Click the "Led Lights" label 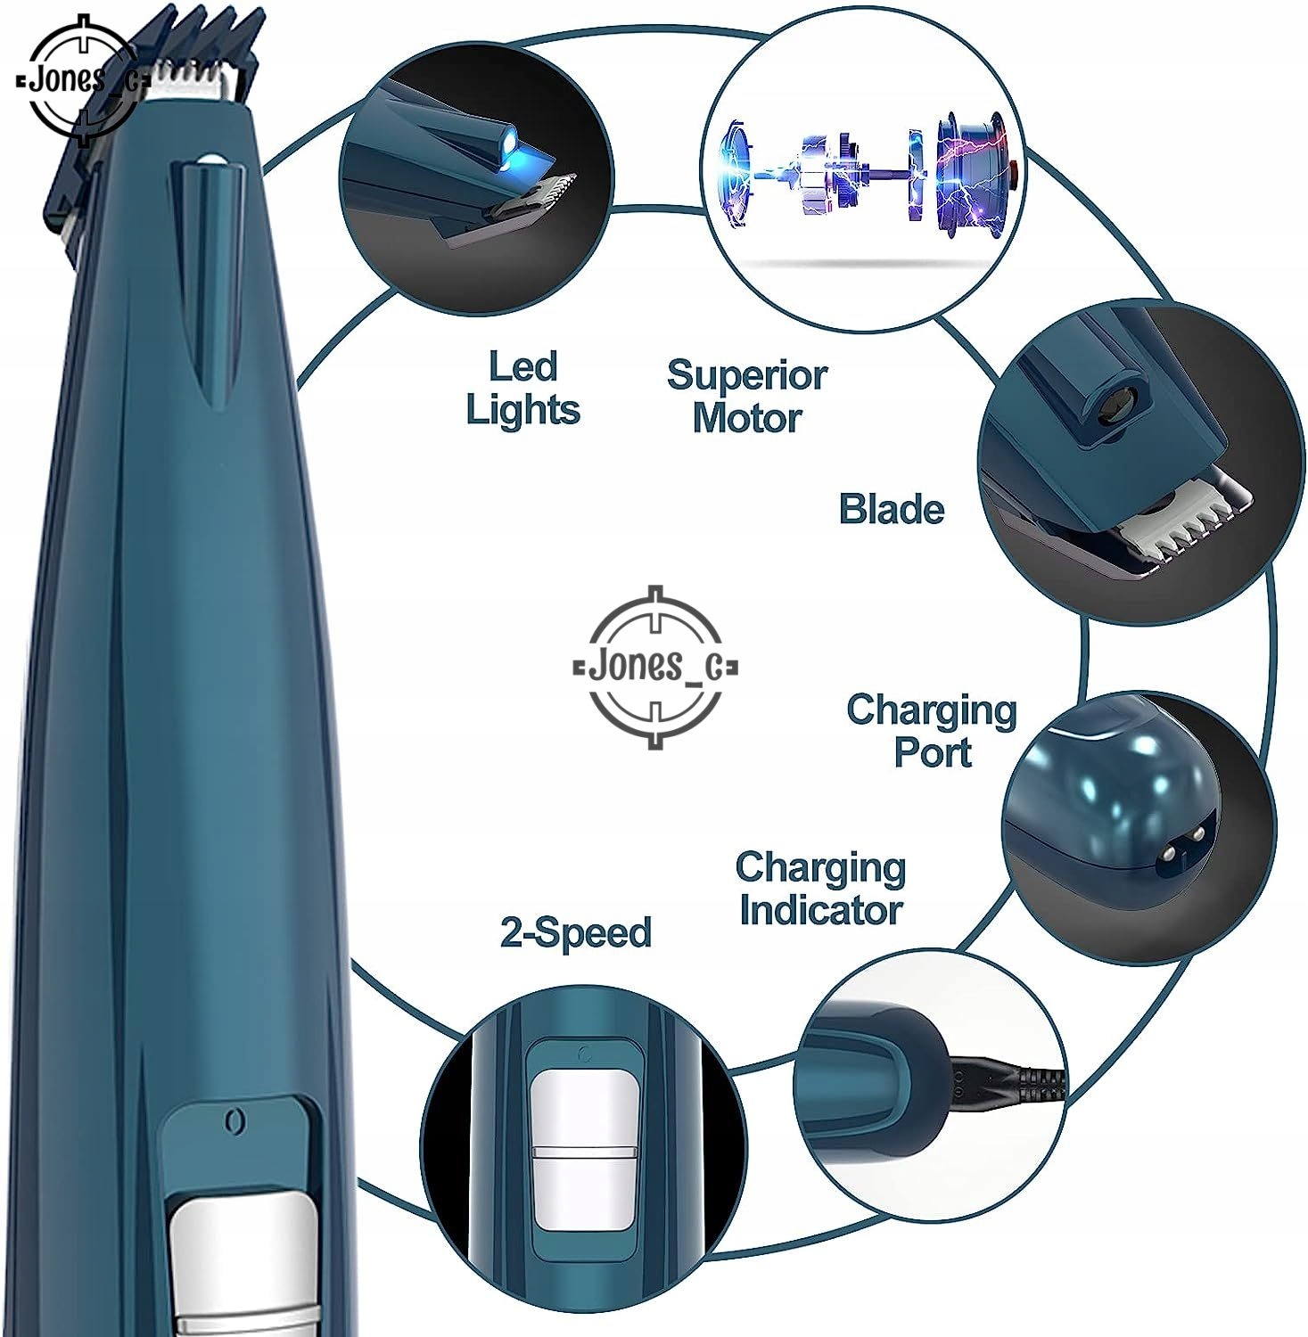[x=523, y=389]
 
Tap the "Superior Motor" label [x=747, y=397]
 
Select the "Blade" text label [x=892, y=510]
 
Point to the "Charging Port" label [x=932, y=731]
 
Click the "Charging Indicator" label [x=820, y=889]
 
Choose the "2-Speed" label [x=576, y=932]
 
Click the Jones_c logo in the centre [x=655, y=667]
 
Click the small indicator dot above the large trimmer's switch [x=234, y=1120]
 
